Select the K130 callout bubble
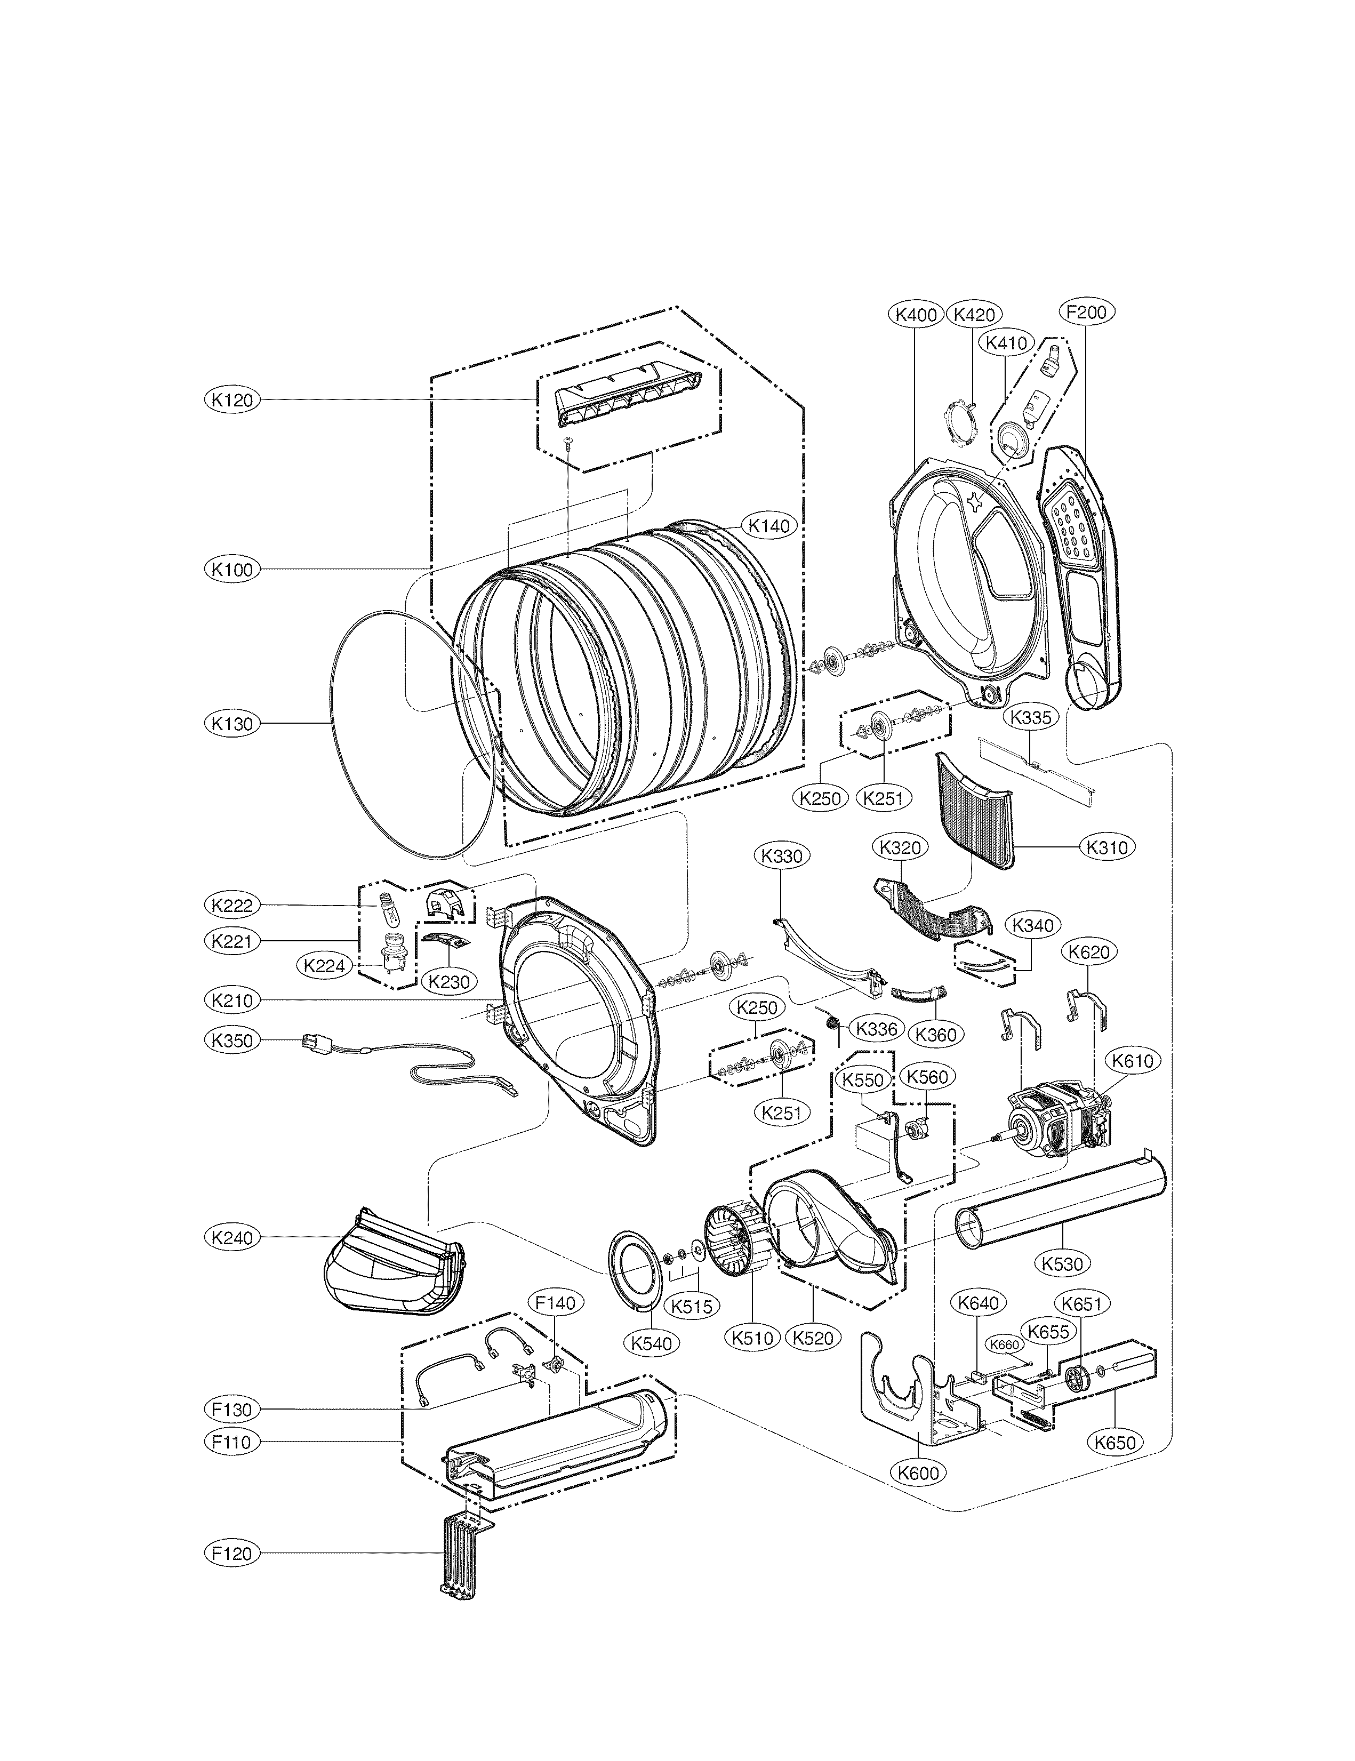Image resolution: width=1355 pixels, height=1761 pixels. [232, 723]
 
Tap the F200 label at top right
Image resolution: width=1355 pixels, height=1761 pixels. [1086, 312]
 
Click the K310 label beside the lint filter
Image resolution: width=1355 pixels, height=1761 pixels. [1107, 847]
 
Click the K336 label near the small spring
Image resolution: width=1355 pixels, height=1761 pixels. [876, 1029]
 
